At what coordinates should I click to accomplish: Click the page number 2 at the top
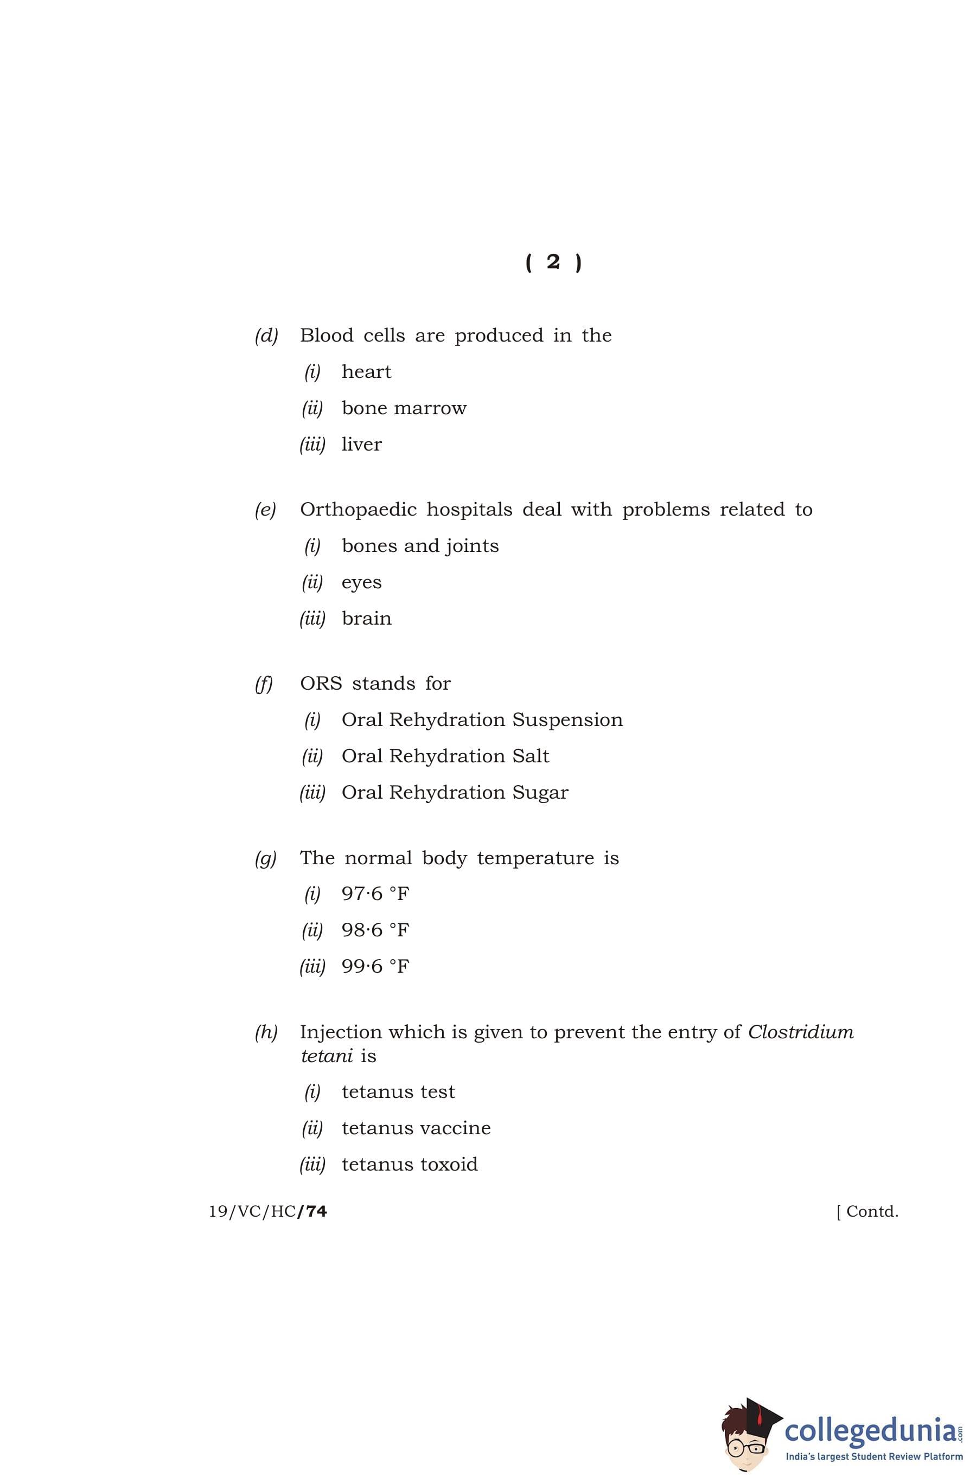(x=553, y=262)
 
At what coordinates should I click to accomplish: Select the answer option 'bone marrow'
(x=404, y=408)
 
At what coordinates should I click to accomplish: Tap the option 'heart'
(x=366, y=372)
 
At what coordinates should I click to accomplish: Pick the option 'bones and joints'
(x=420, y=546)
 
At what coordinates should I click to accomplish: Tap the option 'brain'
(x=367, y=619)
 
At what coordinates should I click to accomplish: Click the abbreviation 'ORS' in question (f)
(x=321, y=684)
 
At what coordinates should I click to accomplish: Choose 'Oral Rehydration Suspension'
(x=482, y=719)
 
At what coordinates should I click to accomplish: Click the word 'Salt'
(x=531, y=756)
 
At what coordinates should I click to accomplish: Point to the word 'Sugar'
(x=540, y=793)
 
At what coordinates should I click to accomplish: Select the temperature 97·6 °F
(x=375, y=894)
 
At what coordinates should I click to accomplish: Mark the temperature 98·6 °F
(x=375, y=930)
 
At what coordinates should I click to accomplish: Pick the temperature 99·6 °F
(x=375, y=966)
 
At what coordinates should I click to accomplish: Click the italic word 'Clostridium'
(x=800, y=1032)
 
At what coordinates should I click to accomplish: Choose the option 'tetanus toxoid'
(x=410, y=1165)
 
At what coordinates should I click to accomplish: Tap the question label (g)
(x=265, y=858)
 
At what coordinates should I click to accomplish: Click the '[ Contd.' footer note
(x=867, y=1212)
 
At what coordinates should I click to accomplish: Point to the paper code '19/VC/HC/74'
(x=268, y=1212)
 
